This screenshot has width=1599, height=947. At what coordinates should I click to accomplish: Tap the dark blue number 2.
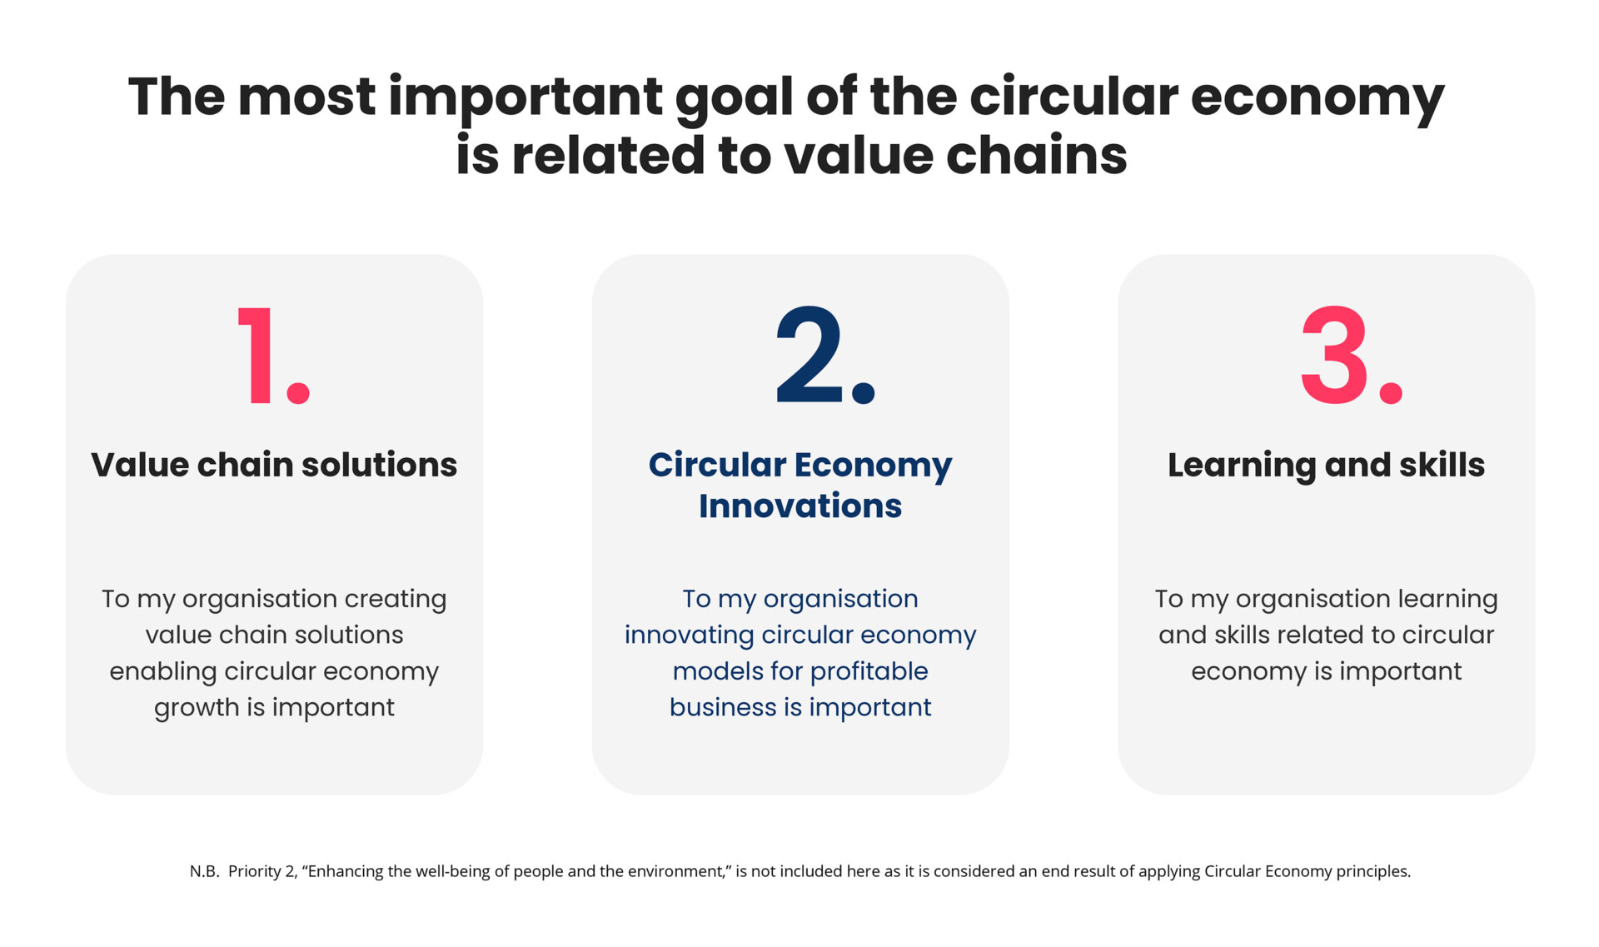pyautogui.click(x=809, y=356)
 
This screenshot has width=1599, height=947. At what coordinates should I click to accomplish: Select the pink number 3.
pyautogui.click(x=1335, y=356)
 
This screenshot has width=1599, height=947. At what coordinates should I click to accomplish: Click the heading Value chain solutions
pyautogui.click(x=274, y=465)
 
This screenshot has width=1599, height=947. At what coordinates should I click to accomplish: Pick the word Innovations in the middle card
pyautogui.click(x=800, y=506)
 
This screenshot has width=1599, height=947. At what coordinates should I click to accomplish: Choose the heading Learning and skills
pyautogui.click(x=1326, y=465)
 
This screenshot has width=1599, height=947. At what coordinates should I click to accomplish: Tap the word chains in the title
pyautogui.click(x=1036, y=156)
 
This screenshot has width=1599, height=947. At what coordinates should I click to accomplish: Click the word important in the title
pyautogui.click(x=526, y=97)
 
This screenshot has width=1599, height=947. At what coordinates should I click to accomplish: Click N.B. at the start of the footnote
pyautogui.click(x=204, y=871)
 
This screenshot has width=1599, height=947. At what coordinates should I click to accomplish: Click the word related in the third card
pyautogui.click(x=1323, y=635)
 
